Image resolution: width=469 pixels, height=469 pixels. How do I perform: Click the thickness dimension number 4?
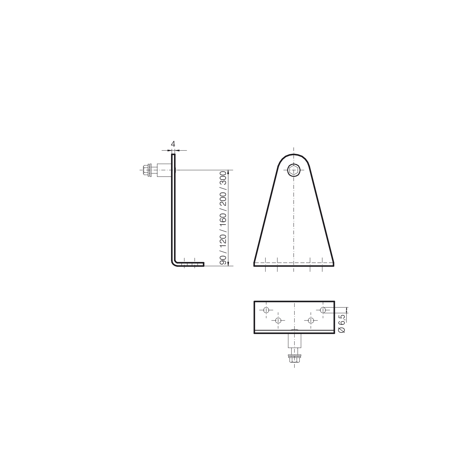click(x=173, y=144)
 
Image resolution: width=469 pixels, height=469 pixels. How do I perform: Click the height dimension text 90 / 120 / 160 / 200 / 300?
click(x=223, y=218)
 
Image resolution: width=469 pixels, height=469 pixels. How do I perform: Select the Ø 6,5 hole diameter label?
click(x=342, y=324)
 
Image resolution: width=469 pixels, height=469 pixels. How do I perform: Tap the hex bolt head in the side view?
click(x=145, y=170)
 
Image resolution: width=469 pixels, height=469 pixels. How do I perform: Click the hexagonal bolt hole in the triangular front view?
click(x=294, y=170)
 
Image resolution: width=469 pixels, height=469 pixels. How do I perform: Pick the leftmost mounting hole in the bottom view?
click(x=266, y=310)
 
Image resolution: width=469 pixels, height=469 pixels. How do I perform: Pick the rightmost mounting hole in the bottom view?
click(x=323, y=310)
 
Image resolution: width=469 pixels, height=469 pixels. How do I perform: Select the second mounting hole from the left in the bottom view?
click(x=278, y=320)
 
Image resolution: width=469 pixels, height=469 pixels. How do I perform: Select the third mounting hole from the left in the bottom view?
click(x=310, y=320)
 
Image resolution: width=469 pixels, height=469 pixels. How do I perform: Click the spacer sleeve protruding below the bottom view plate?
click(x=294, y=341)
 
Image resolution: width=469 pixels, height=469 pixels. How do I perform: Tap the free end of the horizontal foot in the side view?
click(x=203, y=264)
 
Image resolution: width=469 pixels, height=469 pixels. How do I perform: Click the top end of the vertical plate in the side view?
click(x=173, y=154)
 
